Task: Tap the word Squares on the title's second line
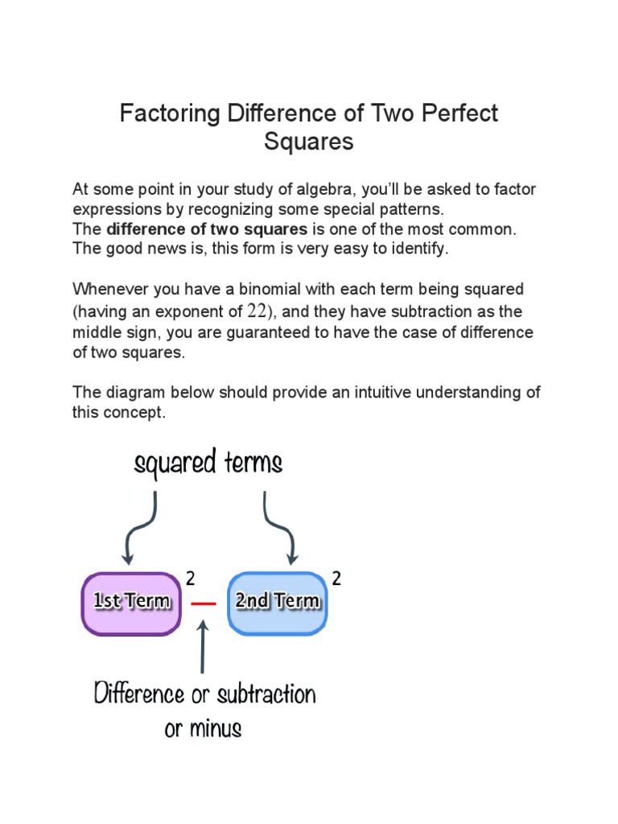tap(309, 142)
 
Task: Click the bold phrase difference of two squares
tap(207, 229)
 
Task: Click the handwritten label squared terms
tap(208, 464)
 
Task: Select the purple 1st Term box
tap(131, 603)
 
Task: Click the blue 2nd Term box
tap(277, 603)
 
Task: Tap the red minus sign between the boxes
tap(204, 604)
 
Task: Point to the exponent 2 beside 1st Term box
tap(191, 578)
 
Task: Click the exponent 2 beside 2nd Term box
tap(336, 578)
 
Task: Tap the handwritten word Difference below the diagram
tap(141, 694)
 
